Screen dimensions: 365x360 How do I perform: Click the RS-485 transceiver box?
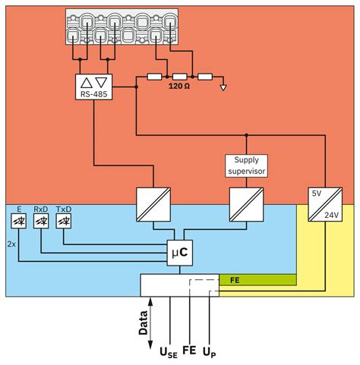point(95,86)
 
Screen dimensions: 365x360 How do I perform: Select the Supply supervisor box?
point(245,165)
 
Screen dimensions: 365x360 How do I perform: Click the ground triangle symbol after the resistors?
point(222,87)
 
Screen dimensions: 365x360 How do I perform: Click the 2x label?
point(11,245)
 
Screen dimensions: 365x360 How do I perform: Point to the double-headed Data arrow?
point(151,319)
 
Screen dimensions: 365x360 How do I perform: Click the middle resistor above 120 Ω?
point(179,77)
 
